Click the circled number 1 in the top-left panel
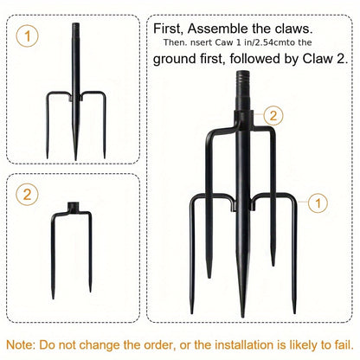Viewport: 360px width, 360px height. [27, 36]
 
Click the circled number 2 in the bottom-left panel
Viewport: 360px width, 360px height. [27, 195]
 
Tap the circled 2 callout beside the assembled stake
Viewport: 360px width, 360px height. [273, 115]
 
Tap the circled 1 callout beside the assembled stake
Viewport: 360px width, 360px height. [318, 202]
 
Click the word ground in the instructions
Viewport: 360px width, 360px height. [175, 59]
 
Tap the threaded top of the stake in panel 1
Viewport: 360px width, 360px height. [75, 28]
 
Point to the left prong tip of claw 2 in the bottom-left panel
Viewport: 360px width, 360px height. [53, 298]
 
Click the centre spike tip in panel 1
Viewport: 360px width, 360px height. [75, 159]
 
